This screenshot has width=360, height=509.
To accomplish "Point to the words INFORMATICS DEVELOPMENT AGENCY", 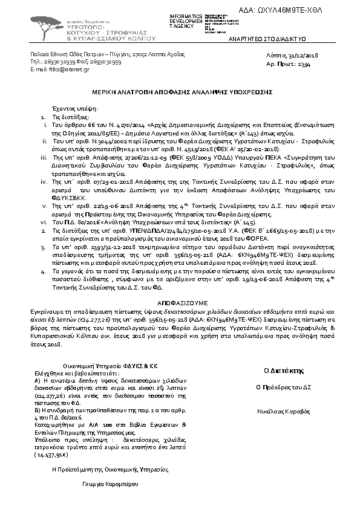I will (x=187, y=20).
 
